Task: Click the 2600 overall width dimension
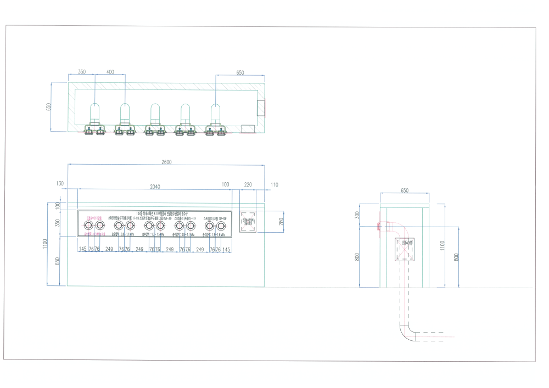[x=166, y=162]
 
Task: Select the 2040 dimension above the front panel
[x=155, y=187]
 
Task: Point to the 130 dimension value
[x=60, y=183]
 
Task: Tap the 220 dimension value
[x=248, y=185]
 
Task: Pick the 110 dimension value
[x=274, y=185]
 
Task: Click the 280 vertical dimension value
[x=281, y=222]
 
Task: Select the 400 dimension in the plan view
[x=110, y=72]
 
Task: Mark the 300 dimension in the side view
[x=357, y=215]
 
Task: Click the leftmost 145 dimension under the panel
[x=82, y=249]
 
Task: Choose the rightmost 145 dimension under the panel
[x=226, y=249]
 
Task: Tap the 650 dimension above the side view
[x=405, y=190]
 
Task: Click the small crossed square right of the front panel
[x=248, y=222]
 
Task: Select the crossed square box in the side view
[x=407, y=250]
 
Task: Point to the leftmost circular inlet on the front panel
[x=88, y=226]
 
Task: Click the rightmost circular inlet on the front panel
[x=221, y=226]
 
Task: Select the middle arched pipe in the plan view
[x=155, y=113]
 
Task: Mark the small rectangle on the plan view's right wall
[x=261, y=108]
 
